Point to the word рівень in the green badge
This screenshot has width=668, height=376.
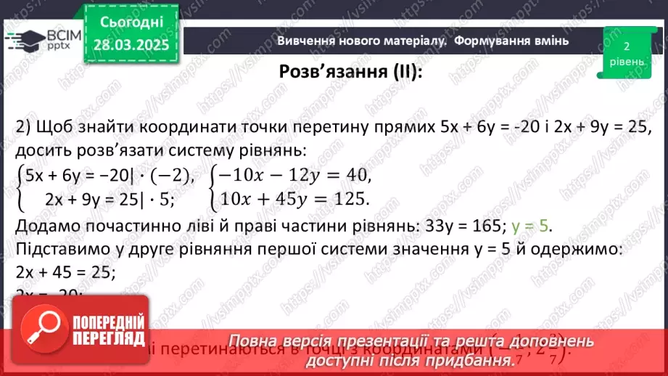(x=626, y=62)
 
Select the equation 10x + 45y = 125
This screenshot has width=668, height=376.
(x=290, y=198)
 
